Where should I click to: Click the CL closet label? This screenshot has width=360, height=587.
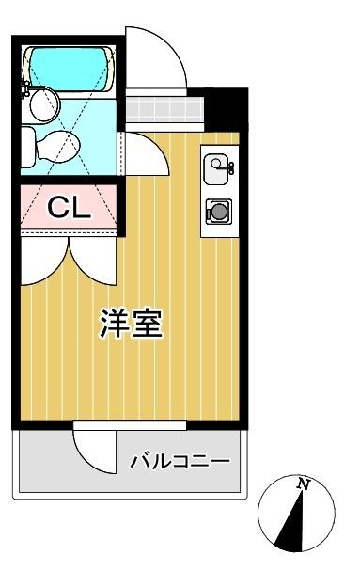(x=69, y=209)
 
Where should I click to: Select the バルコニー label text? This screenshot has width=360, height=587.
(x=180, y=462)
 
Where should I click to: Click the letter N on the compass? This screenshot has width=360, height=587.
(x=304, y=484)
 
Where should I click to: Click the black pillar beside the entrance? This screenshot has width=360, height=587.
(x=225, y=109)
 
